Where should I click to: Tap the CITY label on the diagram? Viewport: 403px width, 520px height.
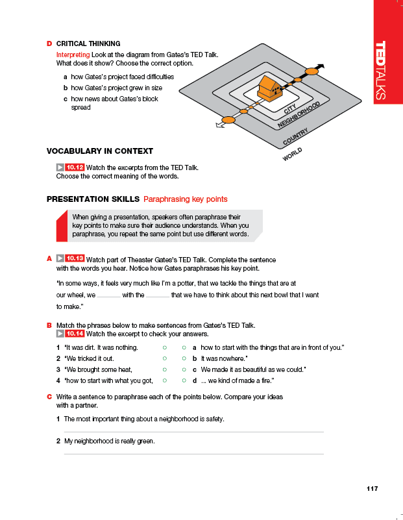290,111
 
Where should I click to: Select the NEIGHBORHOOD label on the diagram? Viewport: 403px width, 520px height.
299,115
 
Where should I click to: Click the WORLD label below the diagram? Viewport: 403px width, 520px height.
292,155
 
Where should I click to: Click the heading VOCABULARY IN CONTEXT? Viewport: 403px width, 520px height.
100,151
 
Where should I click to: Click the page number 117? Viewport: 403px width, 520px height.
372,489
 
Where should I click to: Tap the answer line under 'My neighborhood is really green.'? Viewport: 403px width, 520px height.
193,453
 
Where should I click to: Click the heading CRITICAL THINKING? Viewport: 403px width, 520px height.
88,44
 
